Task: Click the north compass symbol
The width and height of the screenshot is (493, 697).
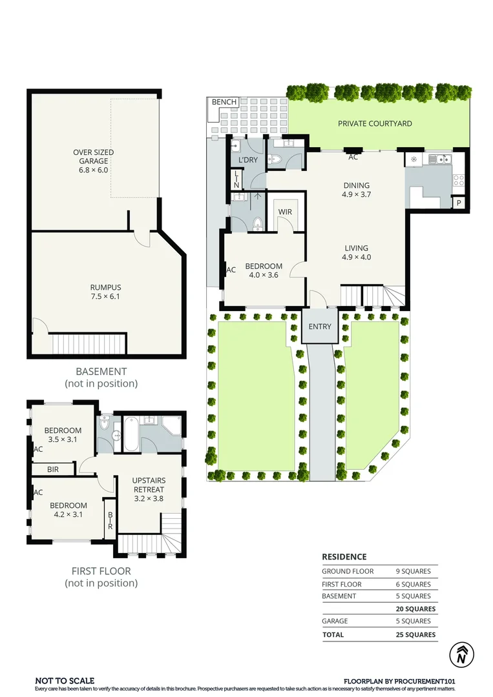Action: [x=461, y=654]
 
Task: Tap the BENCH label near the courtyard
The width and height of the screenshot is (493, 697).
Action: [x=224, y=102]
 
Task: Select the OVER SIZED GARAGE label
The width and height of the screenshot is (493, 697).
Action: [x=94, y=156]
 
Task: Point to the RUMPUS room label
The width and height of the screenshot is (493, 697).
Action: [x=105, y=287]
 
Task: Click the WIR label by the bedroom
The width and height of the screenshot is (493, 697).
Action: [x=285, y=212]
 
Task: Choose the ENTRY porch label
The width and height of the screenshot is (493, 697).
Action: [x=320, y=327]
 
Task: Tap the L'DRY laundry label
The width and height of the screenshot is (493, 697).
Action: [x=248, y=159]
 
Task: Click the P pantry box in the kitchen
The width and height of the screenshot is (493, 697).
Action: [x=458, y=203]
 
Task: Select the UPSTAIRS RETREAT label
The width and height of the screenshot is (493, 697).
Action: [x=149, y=485]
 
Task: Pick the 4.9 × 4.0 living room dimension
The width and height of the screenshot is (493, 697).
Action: [x=357, y=257]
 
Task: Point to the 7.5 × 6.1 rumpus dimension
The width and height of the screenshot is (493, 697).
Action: [x=105, y=296]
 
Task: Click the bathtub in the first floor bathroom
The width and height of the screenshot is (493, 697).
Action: [x=131, y=434]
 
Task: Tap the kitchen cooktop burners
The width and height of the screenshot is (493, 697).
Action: [x=458, y=180]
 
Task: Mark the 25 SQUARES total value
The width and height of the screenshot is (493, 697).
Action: [x=415, y=635]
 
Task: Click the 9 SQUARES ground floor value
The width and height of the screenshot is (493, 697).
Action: [x=414, y=571]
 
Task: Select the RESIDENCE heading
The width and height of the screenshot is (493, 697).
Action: [x=344, y=556]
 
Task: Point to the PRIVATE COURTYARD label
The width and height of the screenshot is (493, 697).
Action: [x=375, y=123]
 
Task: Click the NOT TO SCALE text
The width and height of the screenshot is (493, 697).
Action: [x=65, y=681]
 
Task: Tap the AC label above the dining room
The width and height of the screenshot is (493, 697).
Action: [x=353, y=157]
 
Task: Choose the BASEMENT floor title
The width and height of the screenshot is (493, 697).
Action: [x=101, y=371]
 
